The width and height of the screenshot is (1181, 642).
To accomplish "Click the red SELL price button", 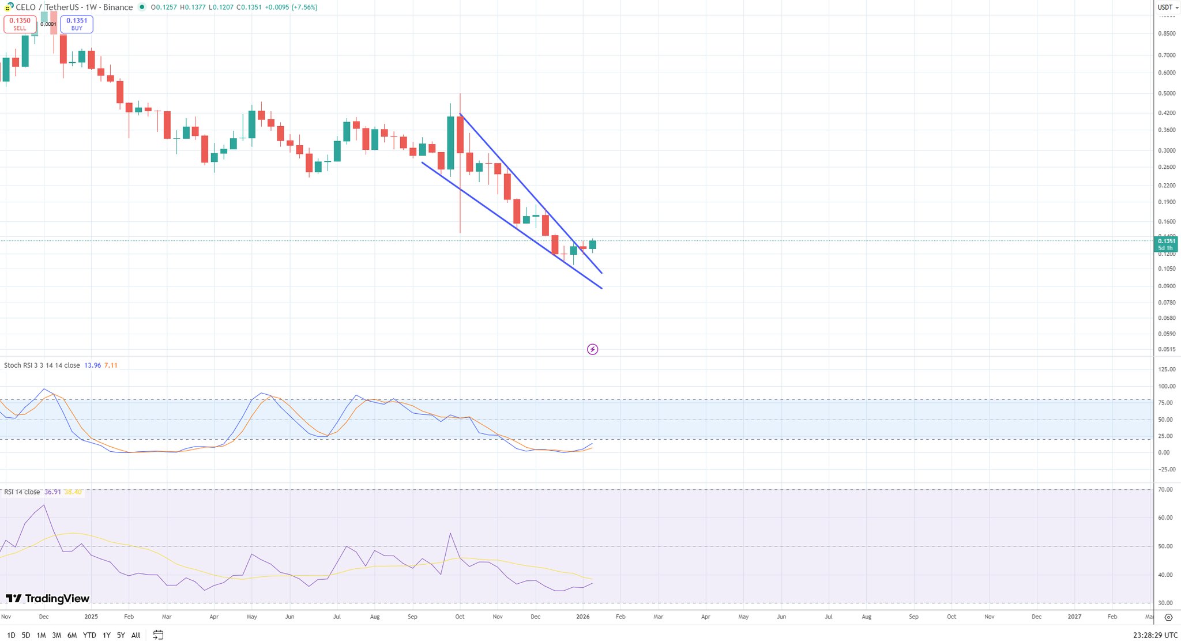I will click(x=20, y=24).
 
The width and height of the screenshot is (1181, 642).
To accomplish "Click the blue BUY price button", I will click(x=77, y=24).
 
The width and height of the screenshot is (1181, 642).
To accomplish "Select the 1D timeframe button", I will click(x=11, y=635).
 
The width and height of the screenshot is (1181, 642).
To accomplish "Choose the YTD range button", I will click(x=89, y=635).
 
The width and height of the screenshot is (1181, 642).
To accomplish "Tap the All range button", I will click(x=136, y=635).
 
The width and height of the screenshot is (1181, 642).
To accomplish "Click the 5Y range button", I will click(x=121, y=635).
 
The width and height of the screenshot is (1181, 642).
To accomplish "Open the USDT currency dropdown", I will click(x=1168, y=7).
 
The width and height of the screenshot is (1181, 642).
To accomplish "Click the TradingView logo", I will click(x=48, y=599).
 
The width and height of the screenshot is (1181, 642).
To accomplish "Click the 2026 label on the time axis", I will click(x=583, y=617).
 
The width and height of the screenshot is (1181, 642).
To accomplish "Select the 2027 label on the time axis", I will click(x=1074, y=617).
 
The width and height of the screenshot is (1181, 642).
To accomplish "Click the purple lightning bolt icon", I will click(x=592, y=349).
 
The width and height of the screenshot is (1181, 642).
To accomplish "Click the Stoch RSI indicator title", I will click(x=42, y=365).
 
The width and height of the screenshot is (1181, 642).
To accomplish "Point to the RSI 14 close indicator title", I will click(x=22, y=492).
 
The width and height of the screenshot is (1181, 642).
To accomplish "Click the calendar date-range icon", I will click(x=158, y=635).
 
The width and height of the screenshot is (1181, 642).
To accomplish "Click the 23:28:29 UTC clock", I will click(x=1155, y=635).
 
